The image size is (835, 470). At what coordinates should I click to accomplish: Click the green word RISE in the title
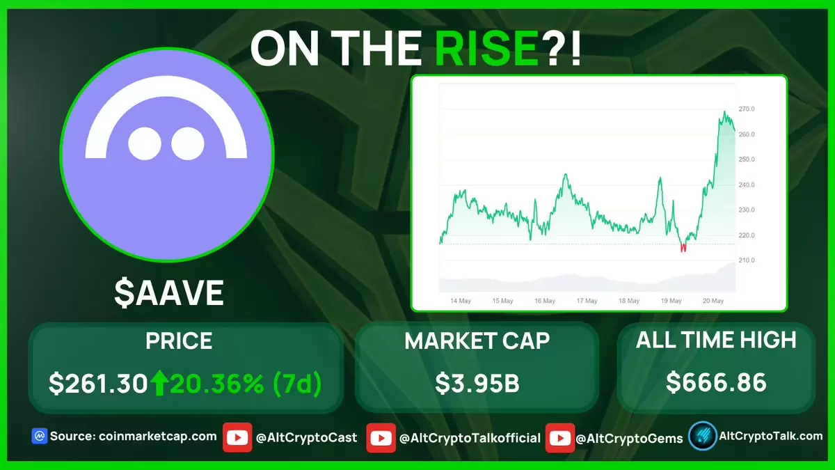pyautogui.click(x=486, y=49)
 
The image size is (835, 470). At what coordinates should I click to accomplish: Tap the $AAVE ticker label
pyautogui.click(x=169, y=293)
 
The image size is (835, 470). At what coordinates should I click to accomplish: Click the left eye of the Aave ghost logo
pyautogui.click(x=145, y=143)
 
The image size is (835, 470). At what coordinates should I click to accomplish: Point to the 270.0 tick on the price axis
pyautogui.click(x=746, y=109)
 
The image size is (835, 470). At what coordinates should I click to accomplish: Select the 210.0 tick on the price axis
pyautogui.click(x=746, y=260)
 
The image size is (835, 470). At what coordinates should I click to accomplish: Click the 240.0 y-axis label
pyautogui.click(x=746, y=185)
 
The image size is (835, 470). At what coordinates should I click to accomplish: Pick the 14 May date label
pyautogui.click(x=461, y=301)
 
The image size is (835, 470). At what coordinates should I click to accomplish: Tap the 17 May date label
pyautogui.click(x=587, y=301)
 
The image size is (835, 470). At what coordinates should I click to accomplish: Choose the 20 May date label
pyautogui.click(x=713, y=301)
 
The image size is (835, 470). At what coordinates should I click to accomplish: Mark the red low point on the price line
pyautogui.click(x=683, y=248)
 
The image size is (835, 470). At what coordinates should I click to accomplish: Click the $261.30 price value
pyautogui.click(x=98, y=384)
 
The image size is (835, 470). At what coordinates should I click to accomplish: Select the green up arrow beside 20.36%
pyautogui.click(x=160, y=382)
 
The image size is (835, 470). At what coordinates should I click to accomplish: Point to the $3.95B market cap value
pyautogui.click(x=477, y=383)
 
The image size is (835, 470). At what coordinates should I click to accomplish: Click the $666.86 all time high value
pyautogui.click(x=716, y=382)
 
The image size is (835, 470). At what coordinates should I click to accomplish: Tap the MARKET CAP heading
pyautogui.click(x=477, y=340)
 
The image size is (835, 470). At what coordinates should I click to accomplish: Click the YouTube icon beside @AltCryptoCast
pyautogui.click(x=237, y=437)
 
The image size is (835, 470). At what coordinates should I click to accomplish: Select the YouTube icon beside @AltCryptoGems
pyautogui.click(x=560, y=438)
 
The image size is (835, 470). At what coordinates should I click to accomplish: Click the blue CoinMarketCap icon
pyautogui.click(x=40, y=436)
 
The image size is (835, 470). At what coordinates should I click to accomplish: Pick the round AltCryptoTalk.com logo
pyautogui.click(x=703, y=436)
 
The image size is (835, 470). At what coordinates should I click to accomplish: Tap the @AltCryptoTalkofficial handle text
pyautogui.click(x=470, y=438)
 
